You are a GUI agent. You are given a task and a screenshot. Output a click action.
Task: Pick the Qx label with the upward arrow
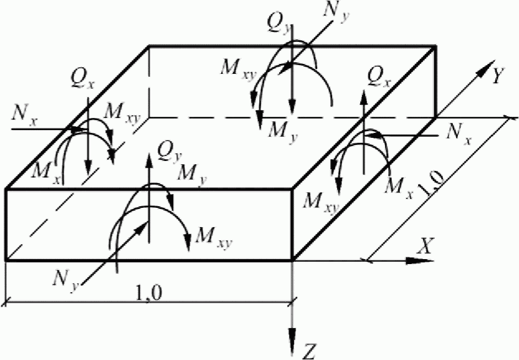click(x=380, y=79)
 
